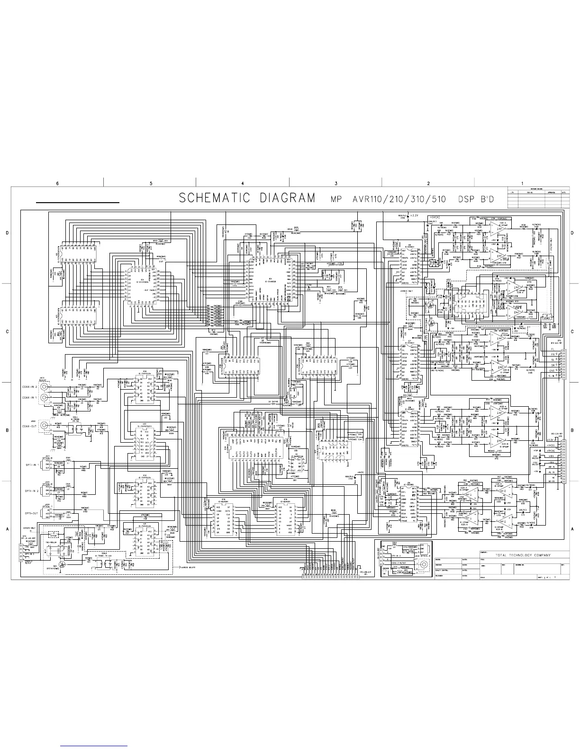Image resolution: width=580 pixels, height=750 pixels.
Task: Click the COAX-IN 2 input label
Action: [x=30, y=387]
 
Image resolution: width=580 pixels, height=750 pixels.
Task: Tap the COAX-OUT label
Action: [x=30, y=425]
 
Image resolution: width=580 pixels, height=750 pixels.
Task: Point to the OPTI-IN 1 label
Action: [x=29, y=465]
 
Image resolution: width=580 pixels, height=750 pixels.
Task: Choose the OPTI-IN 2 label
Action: [x=29, y=491]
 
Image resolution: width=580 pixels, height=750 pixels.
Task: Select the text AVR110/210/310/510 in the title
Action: [x=406, y=199]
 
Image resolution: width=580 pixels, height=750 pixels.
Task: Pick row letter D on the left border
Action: [x=7, y=233]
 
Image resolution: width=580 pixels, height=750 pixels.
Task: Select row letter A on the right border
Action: [x=572, y=528]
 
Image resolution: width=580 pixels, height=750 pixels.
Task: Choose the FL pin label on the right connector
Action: [x=553, y=351]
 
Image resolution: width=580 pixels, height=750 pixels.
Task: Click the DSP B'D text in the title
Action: [x=476, y=199]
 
